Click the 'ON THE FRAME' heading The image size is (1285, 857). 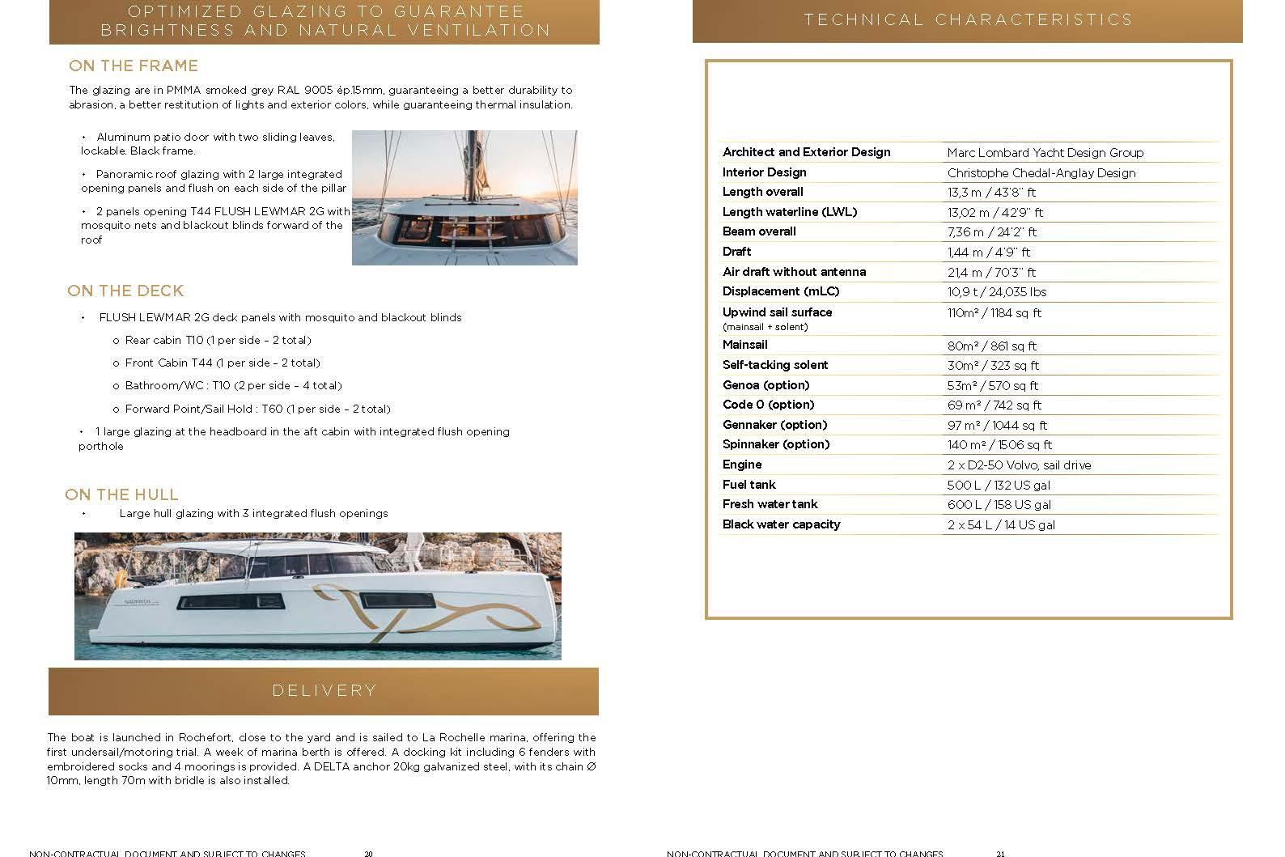pos(134,66)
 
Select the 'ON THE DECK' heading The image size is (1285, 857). pos(125,291)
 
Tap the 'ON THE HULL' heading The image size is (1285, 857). pos(121,494)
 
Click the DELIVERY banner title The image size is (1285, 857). pos(324,690)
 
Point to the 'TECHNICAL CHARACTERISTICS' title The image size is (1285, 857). pos(968,19)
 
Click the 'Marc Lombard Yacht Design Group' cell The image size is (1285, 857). pos(1045,152)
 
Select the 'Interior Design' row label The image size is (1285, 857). pos(764,172)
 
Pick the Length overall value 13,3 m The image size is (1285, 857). pos(991,193)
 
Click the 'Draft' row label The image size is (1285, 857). pos(736,252)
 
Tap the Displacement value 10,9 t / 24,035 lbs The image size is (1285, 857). pos(997,291)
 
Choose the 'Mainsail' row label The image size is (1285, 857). pos(744,345)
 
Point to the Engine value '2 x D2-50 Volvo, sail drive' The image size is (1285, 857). pos(1019,465)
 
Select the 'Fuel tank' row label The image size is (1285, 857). pos(749,485)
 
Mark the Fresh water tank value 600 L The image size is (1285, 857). pos(999,504)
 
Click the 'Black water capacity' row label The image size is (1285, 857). pos(781,524)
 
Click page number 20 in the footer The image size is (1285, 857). pos(368,853)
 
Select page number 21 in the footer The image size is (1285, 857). pos(1000,853)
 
